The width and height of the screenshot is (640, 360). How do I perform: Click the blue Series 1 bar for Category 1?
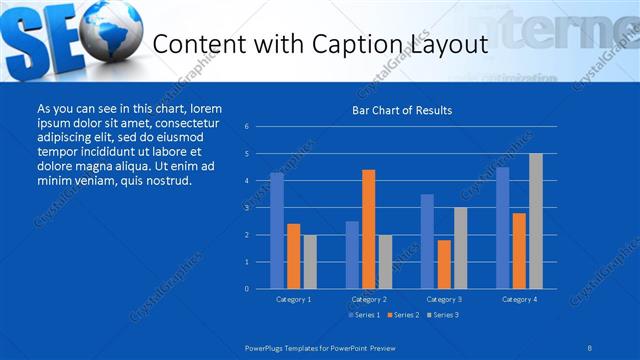coord(277,231)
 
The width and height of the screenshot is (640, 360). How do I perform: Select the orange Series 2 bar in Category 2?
coord(368,229)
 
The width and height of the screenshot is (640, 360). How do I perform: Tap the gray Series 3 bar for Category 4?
coord(536,221)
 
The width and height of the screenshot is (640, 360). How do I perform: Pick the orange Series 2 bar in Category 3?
coord(444,264)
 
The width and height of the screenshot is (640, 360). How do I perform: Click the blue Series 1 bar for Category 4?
coord(502,228)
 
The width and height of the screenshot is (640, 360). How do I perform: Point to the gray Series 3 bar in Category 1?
coord(310,262)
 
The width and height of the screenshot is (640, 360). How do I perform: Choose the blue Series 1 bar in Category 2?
coord(352,255)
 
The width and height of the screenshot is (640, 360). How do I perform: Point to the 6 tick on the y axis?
coord(261,127)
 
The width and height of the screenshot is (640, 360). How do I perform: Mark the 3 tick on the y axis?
coord(261,208)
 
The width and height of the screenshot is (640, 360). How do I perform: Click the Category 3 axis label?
coord(443,299)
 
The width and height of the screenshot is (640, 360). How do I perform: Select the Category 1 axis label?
coord(293,299)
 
